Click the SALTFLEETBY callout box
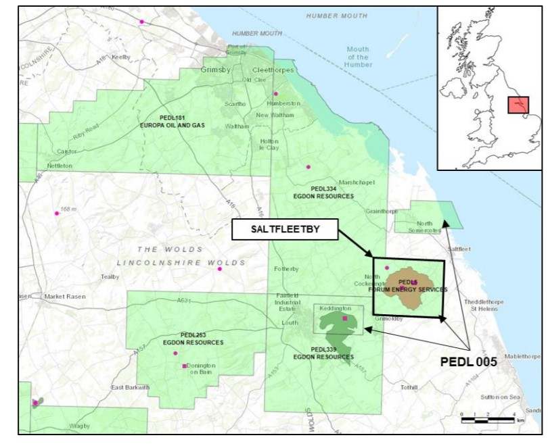(x=285, y=230)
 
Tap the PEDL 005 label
(x=469, y=362)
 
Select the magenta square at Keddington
(x=345, y=318)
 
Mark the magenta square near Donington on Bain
(x=185, y=366)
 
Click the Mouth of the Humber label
(x=359, y=56)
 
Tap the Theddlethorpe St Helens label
(x=481, y=305)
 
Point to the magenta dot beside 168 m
(x=57, y=214)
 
